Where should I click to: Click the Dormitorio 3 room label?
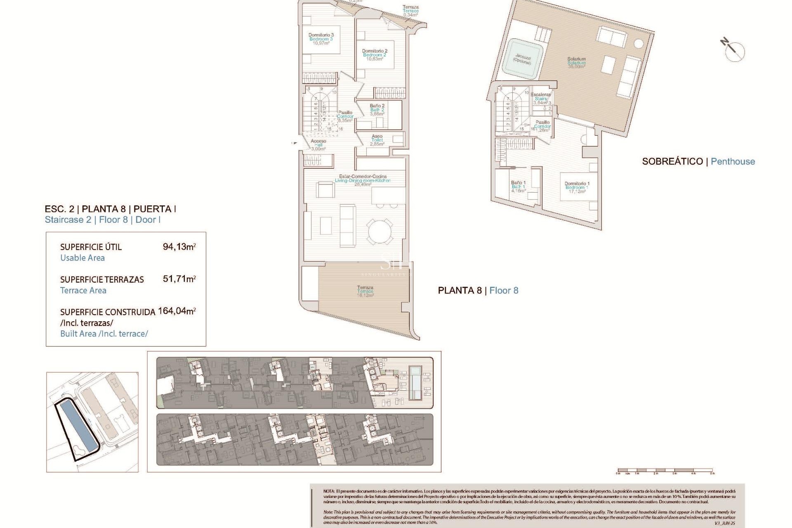click(321, 39)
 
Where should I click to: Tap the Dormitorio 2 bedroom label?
click(375, 55)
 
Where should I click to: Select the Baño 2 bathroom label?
click(377, 110)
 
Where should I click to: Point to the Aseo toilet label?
click(377, 140)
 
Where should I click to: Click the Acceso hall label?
click(318, 145)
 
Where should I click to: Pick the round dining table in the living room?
click(380, 231)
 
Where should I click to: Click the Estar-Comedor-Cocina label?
click(363, 180)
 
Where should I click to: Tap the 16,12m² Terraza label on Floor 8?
click(365, 291)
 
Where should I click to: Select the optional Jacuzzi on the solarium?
click(522, 59)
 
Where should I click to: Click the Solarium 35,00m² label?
click(576, 63)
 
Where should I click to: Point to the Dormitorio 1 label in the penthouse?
click(577, 187)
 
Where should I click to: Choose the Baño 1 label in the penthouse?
click(518, 186)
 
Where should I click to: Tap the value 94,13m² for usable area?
click(179, 247)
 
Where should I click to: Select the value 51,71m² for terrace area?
click(179, 279)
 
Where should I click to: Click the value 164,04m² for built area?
click(177, 311)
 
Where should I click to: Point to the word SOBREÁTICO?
click(672, 162)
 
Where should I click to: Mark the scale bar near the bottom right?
click(665, 470)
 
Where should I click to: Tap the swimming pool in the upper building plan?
click(415, 382)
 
